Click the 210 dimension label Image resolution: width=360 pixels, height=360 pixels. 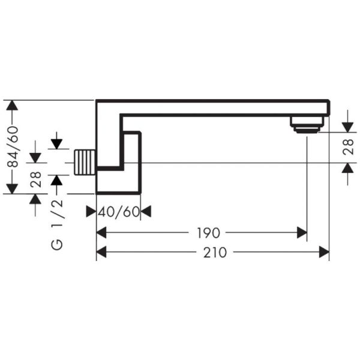[215, 253]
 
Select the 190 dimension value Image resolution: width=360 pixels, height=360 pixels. [208, 233]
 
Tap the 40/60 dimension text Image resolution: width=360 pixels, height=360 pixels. [119, 212]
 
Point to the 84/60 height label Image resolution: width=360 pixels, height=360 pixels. [12, 147]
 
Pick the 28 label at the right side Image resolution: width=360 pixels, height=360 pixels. [348, 147]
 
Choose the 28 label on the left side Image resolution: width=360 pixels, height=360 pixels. [35, 179]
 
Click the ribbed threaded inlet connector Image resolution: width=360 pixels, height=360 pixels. [85, 163]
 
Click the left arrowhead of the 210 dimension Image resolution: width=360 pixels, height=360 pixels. [101, 252]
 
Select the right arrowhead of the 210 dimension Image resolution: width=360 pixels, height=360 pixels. [324, 252]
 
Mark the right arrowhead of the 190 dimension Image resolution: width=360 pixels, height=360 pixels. [302, 233]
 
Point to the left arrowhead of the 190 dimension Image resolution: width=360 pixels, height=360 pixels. [101, 233]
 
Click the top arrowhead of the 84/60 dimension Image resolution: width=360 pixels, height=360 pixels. [12, 106]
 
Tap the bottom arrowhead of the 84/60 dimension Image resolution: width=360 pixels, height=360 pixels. [12, 189]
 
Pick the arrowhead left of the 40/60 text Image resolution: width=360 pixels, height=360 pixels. [91, 211]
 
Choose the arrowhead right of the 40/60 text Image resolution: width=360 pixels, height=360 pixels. [146, 211]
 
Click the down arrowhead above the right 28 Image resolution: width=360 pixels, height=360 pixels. [347, 127]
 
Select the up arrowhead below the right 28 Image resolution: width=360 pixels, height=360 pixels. [347, 168]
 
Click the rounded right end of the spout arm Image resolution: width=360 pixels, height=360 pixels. [329, 107]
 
